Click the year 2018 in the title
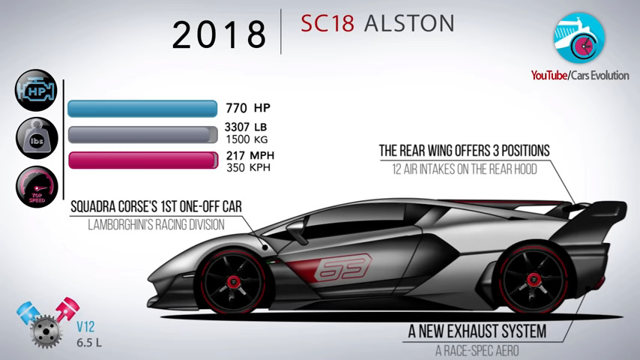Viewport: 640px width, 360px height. click(219, 34)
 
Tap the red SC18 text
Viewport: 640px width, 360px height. click(327, 23)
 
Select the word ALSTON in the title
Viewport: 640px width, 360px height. click(409, 23)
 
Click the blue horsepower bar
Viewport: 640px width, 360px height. click(142, 109)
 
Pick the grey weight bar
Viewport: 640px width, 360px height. click(143, 134)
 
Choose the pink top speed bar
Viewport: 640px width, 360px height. click(143, 160)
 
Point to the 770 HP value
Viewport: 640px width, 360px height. click(248, 108)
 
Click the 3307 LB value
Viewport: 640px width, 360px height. click(246, 127)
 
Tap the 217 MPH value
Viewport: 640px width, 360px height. click(250, 156)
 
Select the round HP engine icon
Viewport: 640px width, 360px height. click(36, 90)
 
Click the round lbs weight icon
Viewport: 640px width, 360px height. click(37, 138)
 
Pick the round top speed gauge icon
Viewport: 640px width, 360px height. click(37, 187)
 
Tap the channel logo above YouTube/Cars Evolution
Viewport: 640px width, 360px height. click(579, 38)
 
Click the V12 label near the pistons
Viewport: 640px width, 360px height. click(85, 326)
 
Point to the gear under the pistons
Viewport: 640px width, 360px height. click(46, 331)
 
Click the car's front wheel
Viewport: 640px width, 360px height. click(233, 281)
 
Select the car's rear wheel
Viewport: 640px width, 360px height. click(533, 280)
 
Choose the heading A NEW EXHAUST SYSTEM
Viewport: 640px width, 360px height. click(477, 331)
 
